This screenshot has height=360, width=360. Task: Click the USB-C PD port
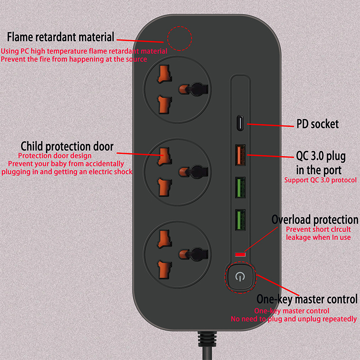240,123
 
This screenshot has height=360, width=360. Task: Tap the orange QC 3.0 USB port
240,155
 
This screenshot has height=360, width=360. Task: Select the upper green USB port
240,187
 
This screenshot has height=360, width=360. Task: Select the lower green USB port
240,220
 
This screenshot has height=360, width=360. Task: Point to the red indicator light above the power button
240,254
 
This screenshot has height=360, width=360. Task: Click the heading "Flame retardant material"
61,37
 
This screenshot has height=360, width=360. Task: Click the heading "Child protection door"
67,146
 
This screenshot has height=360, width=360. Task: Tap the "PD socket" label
318,124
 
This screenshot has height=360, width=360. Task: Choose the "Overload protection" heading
315,220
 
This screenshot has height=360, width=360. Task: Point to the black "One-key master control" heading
307,299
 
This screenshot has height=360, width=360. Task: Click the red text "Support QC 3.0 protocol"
320,180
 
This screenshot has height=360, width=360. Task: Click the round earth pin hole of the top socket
193,89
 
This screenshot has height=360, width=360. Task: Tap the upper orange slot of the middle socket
164,157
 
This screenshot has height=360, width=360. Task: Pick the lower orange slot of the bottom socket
164,270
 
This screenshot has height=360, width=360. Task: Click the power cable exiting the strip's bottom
207,346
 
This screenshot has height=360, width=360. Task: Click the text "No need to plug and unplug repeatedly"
294,319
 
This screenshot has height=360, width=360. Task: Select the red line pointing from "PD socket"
270,125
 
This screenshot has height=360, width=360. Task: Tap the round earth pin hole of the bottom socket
193,254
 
